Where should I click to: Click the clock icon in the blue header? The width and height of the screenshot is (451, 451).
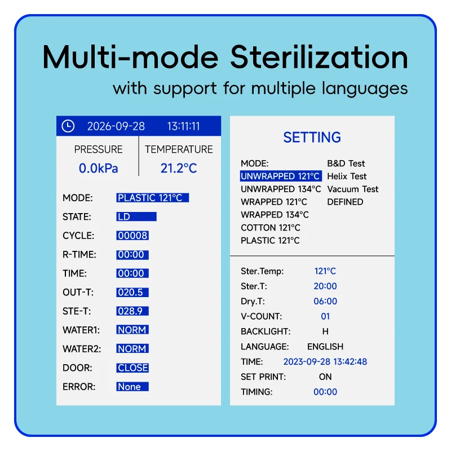pyautogui.click(x=68, y=126)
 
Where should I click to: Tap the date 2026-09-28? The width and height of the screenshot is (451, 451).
pyautogui.click(x=116, y=126)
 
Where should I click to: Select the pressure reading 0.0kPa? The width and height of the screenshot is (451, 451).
pyautogui.click(x=98, y=168)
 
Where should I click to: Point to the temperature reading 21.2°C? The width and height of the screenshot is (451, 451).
pyautogui.click(x=179, y=168)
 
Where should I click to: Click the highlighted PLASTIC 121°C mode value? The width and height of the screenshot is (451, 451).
pyautogui.click(x=152, y=198)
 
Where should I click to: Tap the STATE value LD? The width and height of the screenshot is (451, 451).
pyautogui.click(x=136, y=216)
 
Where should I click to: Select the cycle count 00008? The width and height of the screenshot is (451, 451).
pyautogui.click(x=132, y=236)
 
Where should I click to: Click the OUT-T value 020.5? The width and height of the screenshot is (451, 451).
pyautogui.click(x=132, y=292)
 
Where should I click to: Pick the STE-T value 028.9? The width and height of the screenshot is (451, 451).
pyautogui.click(x=132, y=311)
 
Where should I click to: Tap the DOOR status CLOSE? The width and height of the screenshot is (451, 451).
pyautogui.click(x=132, y=368)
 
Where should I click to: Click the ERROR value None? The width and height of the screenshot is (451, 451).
pyautogui.click(x=132, y=387)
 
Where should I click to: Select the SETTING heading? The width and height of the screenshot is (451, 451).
pyautogui.click(x=312, y=137)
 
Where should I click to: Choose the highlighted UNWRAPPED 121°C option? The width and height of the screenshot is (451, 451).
pyautogui.click(x=281, y=176)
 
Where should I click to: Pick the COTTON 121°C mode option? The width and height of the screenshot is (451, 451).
pyautogui.click(x=271, y=228)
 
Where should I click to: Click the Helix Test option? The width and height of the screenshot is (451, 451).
pyautogui.click(x=347, y=176)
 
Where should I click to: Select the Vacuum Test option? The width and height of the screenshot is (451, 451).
pyautogui.click(x=353, y=189)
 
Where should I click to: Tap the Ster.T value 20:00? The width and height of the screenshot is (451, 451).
pyautogui.click(x=325, y=286)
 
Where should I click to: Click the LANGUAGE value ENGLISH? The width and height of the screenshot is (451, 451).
pyautogui.click(x=325, y=347)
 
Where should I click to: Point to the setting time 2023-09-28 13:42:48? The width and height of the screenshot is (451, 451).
pyautogui.click(x=325, y=361)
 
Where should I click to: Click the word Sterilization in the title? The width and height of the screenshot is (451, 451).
pyautogui.click(x=319, y=57)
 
